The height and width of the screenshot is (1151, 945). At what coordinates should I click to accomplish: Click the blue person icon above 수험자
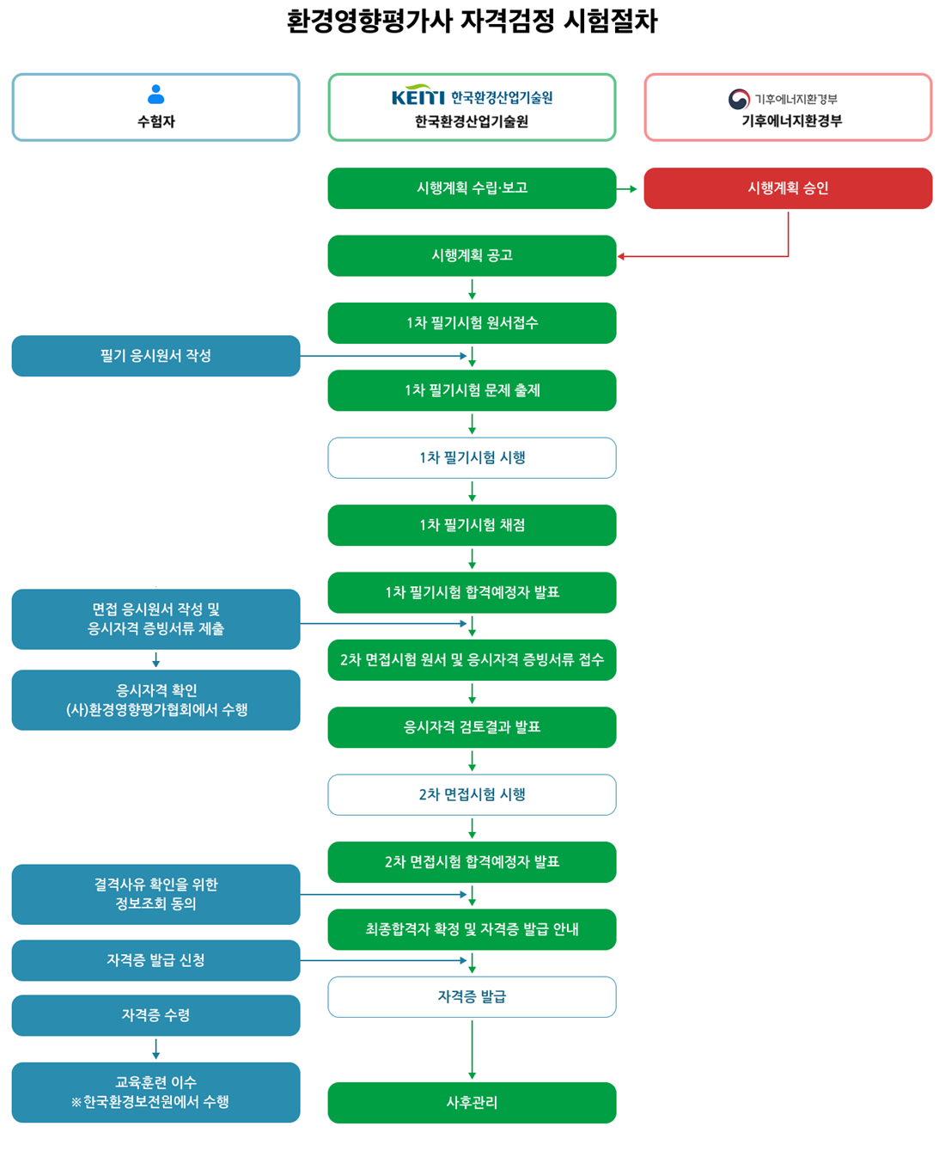click(x=155, y=94)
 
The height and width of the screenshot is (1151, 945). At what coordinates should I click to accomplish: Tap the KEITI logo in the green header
click(x=418, y=96)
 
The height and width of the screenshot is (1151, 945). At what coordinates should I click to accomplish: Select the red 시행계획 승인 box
click(x=788, y=188)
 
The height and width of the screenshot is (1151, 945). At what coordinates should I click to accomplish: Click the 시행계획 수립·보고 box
click(x=472, y=188)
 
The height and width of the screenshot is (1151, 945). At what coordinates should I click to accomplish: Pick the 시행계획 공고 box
click(x=472, y=255)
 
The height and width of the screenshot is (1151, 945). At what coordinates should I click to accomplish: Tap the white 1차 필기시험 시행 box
click(x=472, y=458)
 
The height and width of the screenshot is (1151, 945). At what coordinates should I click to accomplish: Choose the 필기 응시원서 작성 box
click(x=155, y=356)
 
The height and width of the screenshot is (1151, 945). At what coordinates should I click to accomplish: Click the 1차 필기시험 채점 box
click(x=472, y=525)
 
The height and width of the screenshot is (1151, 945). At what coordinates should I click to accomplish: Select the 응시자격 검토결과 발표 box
click(x=472, y=727)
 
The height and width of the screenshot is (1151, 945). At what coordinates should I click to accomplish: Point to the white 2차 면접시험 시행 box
click(x=472, y=795)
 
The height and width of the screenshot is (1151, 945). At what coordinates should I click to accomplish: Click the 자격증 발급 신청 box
click(x=155, y=960)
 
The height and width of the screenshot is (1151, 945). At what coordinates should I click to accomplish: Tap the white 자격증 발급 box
click(x=472, y=997)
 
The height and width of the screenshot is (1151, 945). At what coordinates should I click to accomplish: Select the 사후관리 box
click(x=472, y=1103)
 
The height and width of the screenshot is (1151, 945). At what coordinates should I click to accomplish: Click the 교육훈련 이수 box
click(x=155, y=1093)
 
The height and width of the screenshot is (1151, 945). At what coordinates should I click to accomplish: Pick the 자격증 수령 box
click(x=155, y=1015)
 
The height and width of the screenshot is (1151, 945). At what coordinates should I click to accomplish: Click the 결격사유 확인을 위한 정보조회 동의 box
click(x=155, y=894)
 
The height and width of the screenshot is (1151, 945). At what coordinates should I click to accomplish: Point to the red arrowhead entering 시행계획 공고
click(x=621, y=256)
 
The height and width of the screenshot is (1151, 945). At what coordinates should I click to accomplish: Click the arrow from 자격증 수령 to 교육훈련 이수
click(x=155, y=1050)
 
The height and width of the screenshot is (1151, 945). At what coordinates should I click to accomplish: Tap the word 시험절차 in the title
click(x=610, y=21)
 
